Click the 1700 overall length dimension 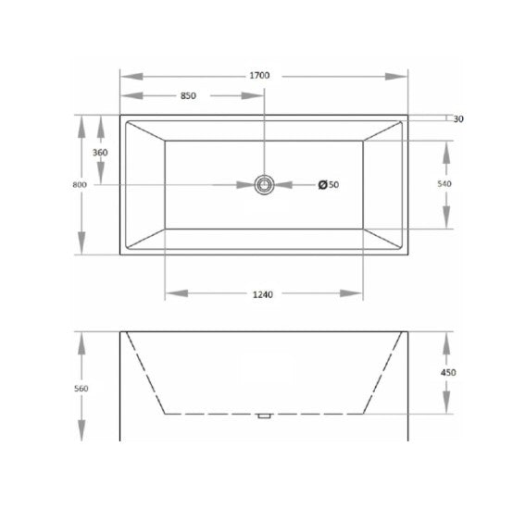(x=264, y=75)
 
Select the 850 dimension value (x=188, y=95)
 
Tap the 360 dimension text (x=100, y=152)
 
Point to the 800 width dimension (x=79, y=185)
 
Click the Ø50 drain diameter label (x=328, y=185)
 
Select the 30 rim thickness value (x=458, y=118)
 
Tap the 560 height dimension (x=81, y=388)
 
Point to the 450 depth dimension (x=448, y=372)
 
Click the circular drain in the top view (x=266, y=185)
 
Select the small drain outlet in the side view (x=264, y=416)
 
